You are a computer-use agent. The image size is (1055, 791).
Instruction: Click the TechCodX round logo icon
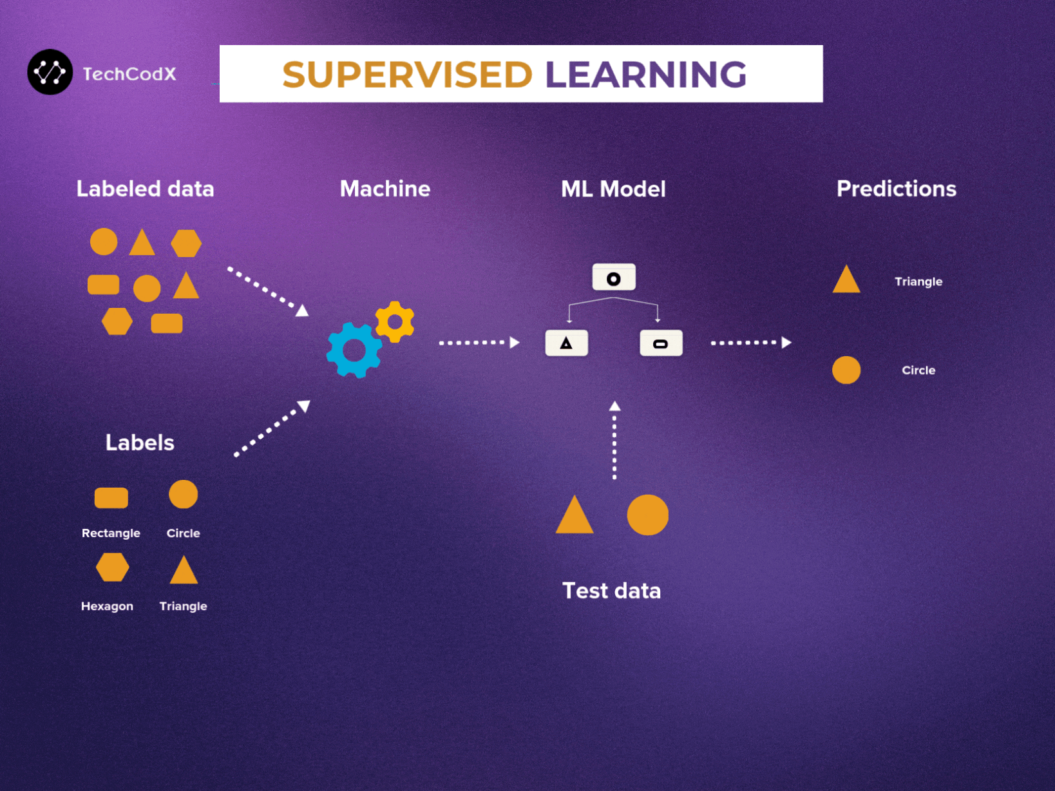tap(50, 72)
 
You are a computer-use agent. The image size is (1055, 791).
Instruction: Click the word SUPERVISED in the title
tap(407, 75)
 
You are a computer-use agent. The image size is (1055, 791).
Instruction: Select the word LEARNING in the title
tap(645, 75)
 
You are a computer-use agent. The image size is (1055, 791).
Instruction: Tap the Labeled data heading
tap(145, 189)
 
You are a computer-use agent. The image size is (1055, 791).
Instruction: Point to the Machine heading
tap(385, 189)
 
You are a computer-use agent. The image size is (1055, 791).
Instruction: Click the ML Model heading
tap(613, 189)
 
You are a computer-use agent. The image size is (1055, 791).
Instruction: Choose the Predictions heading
tap(896, 189)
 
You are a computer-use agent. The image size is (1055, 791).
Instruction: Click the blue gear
tap(354, 350)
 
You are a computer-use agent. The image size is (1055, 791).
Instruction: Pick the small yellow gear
tap(395, 321)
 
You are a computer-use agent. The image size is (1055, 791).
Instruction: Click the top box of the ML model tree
tap(614, 278)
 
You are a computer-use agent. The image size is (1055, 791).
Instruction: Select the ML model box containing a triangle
tap(566, 343)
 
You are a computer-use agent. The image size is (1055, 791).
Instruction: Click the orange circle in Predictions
tap(846, 370)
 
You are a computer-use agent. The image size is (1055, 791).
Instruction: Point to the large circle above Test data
tap(647, 515)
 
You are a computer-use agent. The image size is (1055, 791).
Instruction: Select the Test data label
tap(611, 591)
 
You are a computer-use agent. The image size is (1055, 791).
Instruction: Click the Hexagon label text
tap(107, 606)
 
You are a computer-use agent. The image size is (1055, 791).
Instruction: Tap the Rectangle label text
tap(111, 533)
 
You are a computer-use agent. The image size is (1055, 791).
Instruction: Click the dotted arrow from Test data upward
tap(614, 441)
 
